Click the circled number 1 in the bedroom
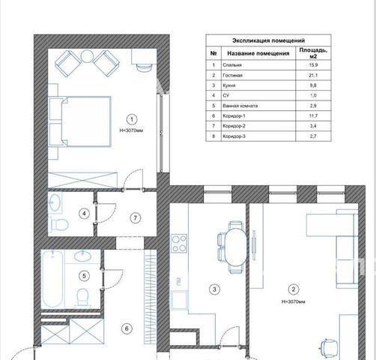[132, 119]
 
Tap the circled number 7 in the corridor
[136, 218]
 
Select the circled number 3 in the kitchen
[214, 289]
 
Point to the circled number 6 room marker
[127, 328]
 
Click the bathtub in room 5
[52, 279]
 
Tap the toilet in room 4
[59, 224]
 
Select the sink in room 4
[55, 202]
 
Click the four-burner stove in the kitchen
[179, 243]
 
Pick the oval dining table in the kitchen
[236, 247]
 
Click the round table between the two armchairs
[87, 56]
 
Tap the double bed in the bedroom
[86, 121]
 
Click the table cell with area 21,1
[313, 75]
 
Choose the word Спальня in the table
[232, 65]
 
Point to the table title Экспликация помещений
[268, 40]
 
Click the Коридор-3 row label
[234, 136]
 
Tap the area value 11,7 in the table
[313, 115]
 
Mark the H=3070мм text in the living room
[294, 301]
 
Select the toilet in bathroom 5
[82, 297]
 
